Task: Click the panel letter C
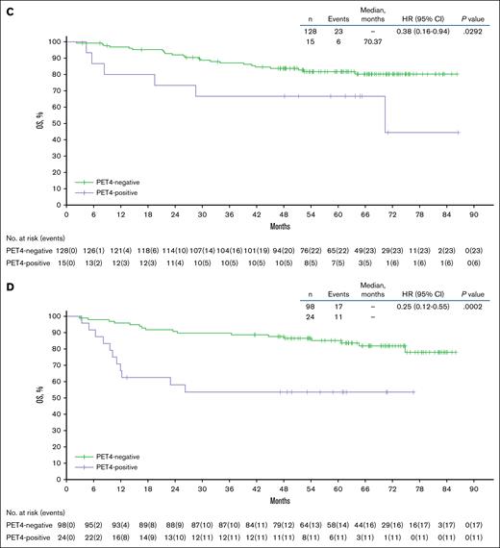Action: tap(7, 7)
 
